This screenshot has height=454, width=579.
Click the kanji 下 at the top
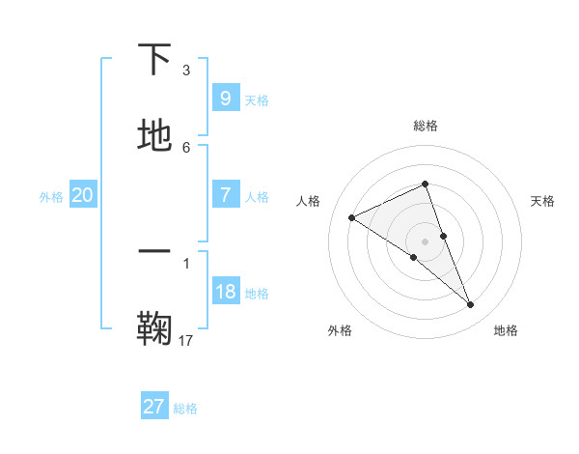pos(155,60)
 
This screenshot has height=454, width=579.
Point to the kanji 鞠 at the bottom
pos(155,327)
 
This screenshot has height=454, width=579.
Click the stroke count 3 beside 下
pos(186,71)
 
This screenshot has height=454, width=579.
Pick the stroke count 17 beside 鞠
pos(186,339)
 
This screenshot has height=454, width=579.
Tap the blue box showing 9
pos(225,98)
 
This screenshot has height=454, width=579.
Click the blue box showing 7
pos(225,194)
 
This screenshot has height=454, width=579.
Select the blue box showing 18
pos(225,292)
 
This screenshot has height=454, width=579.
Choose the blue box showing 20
pos(82,195)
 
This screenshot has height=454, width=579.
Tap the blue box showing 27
pos(153,407)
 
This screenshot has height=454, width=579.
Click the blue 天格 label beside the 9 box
pos(257,99)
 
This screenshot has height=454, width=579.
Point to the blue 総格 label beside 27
pos(185,409)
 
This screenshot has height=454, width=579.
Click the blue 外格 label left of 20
pos(51,197)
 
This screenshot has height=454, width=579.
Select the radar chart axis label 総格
pos(426,126)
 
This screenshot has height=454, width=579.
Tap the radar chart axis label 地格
pos(506,330)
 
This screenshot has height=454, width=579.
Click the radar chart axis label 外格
pos(340,330)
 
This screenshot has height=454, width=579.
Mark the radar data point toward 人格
pos(351,217)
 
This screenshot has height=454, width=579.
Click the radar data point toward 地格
pos(471,305)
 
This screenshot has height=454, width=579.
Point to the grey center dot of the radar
pos(425,241)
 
